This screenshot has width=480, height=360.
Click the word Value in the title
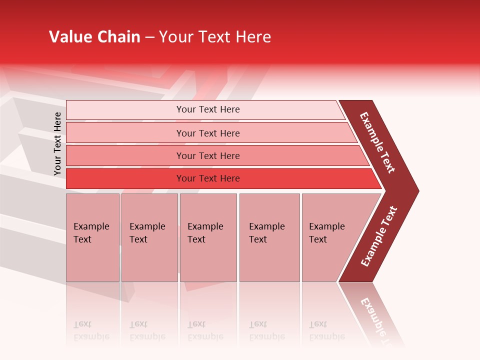[69, 37]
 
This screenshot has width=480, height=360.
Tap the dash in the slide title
[149, 37]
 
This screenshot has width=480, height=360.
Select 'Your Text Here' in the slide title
[215, 37]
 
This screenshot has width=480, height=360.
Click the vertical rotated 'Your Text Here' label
[57, 143]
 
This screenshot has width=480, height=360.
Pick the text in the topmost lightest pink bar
[208, 109]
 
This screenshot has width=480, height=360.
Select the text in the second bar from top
[208, 133]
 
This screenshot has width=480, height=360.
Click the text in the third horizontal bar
[208, 156]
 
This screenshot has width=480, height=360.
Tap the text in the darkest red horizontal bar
[208, 178]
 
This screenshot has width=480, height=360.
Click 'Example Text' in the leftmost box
[91, 233]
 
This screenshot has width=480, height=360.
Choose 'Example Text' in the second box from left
[147, 233]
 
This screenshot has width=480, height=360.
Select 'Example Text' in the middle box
[205, 233]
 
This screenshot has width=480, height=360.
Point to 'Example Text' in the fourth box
[266, 233]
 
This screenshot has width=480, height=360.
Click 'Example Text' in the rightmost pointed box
[326, 233]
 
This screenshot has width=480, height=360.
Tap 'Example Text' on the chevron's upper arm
[377, 142]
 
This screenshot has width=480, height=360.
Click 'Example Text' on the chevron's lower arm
[379, 236]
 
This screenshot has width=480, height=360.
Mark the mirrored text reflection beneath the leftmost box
[91, 330]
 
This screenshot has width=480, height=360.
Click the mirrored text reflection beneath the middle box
[205, 330]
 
